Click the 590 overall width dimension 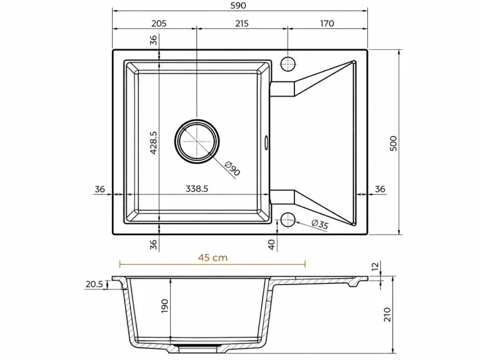(x=239, y=6)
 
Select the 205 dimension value (x=159, y=23)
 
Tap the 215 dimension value (x=242, y=23)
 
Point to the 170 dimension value (x=327, y=23)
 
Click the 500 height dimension (x=394, y=143)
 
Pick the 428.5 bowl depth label (x=154, y=142)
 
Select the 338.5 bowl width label (x=197, y=189)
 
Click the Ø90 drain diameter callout (x=232, y=168)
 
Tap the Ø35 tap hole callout (x=320, y=224)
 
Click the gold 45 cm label (x=212, y=258)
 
